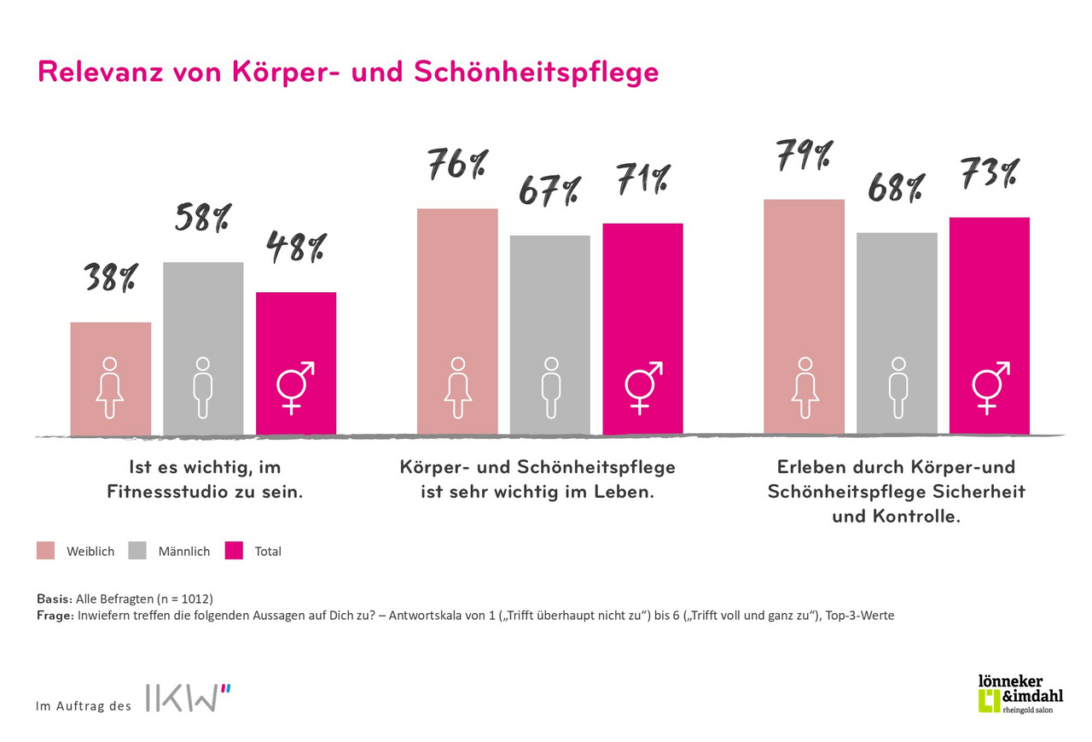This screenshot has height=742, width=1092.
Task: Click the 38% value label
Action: click(111, 279)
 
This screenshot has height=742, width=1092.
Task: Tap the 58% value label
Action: click(202, 219)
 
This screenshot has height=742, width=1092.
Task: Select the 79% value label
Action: click(804, 155)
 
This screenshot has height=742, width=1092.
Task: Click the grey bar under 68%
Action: click(897, 333)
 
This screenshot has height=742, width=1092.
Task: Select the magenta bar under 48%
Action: click(296, 363)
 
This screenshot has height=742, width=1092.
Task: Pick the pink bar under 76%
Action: click(457, 321)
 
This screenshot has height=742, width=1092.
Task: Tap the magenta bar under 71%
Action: click(642, 329)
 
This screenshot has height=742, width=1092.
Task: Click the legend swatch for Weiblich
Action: click(46, 551)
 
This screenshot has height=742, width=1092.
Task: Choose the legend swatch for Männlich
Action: click(138, 551)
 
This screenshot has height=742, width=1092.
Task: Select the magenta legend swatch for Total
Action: click(235, 551)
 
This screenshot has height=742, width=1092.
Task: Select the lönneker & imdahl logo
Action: click(1020, 693)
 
